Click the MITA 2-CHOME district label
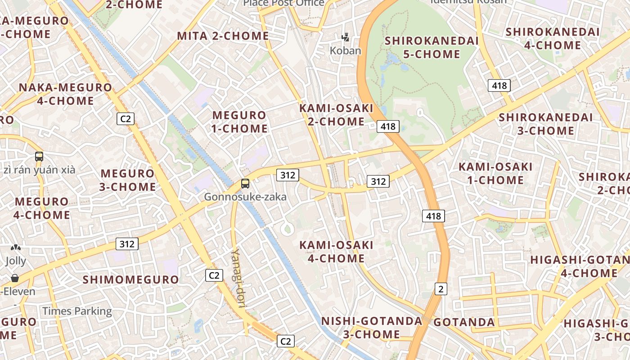point(223,36)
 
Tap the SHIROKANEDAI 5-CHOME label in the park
point(432,47)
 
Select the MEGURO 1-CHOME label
point(239,122)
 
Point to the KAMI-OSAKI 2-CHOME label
point(336,115)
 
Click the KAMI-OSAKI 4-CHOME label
point(336,252)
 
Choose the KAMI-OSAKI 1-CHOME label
point(495,174)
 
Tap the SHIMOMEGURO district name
point(131,279)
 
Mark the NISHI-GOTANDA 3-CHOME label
point(372,328)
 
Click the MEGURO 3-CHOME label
point(128,180)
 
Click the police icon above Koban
point(345,37)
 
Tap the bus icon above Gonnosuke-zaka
point(245,184)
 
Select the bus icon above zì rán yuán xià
point(39,157)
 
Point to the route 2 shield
point(441,289)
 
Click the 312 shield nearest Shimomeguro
point(127,244)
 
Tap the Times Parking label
point(77,311)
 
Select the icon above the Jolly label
point(16,248)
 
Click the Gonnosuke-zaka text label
point(245,197)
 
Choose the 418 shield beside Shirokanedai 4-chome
point(499,85)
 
